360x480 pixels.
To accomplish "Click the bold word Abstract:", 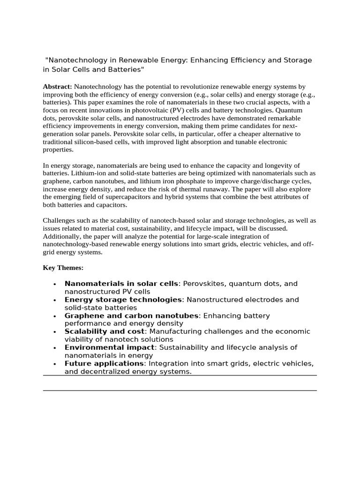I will click(x=57, y=87).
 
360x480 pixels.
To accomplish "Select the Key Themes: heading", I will click(x=63, y=268).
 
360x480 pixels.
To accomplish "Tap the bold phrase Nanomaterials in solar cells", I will click(x=121, y=284).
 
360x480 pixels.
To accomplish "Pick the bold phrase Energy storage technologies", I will click(x=123, y=300).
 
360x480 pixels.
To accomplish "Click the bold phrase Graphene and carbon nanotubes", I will click(x=131, y=315).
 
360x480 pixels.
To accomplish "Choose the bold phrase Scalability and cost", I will click(x=105, y=331).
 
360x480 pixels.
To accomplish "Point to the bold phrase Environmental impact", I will click(x=109, y=347).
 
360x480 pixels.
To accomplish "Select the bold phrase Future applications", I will click(x=104, y=363).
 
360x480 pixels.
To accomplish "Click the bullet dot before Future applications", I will click(x=55, y=364).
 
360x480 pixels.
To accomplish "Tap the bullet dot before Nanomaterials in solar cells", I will click(x=55, y=284).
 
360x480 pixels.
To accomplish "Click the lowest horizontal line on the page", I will click(x=180, y=390).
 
